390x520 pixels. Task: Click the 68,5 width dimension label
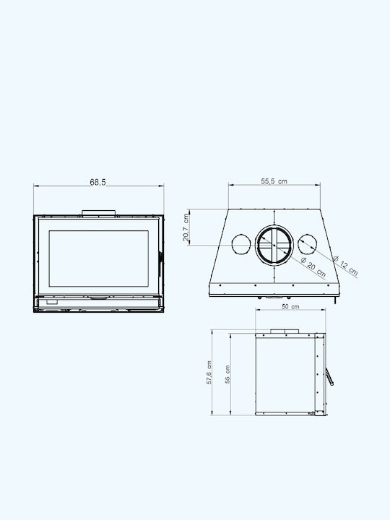click(97, 182)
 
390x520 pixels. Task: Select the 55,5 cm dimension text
click(274, 181)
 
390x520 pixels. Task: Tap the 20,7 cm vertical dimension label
click(186, 227)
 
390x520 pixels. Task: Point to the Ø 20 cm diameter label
click(313, 268)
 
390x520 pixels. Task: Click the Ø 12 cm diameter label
click(345, 266)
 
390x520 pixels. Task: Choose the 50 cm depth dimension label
click(290, 307)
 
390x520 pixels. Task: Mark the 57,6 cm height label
click(209, 373)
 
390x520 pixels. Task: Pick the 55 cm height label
click(227, 374)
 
